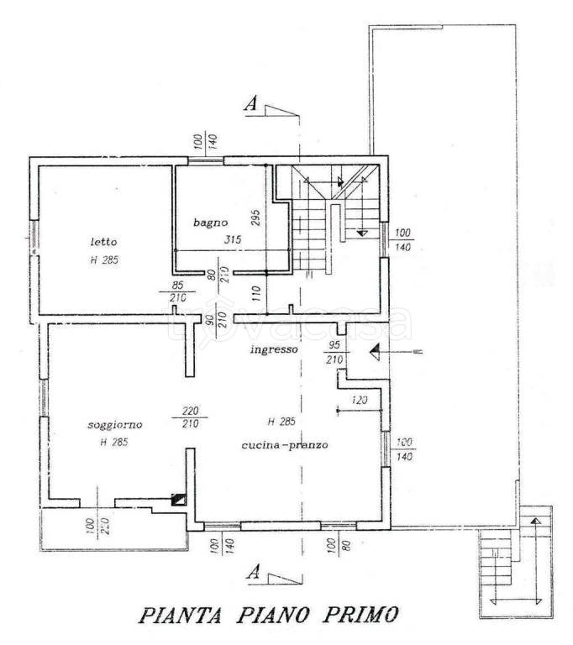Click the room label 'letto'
pyautogui.click(x=104, y=242)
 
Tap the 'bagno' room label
pyautogui.click(x=206, y=222)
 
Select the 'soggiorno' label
pyautogui.click(x=115, y=425)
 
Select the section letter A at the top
pyautogui.click(x=250, y=104)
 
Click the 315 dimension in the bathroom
pyautogui.click(x=233, y=240)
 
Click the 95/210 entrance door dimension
pyautogui.click(x=334, y=352)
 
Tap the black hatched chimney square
pyautogui.click(x=177, y=499)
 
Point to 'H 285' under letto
pyautogui.click(x=105, y=260)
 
